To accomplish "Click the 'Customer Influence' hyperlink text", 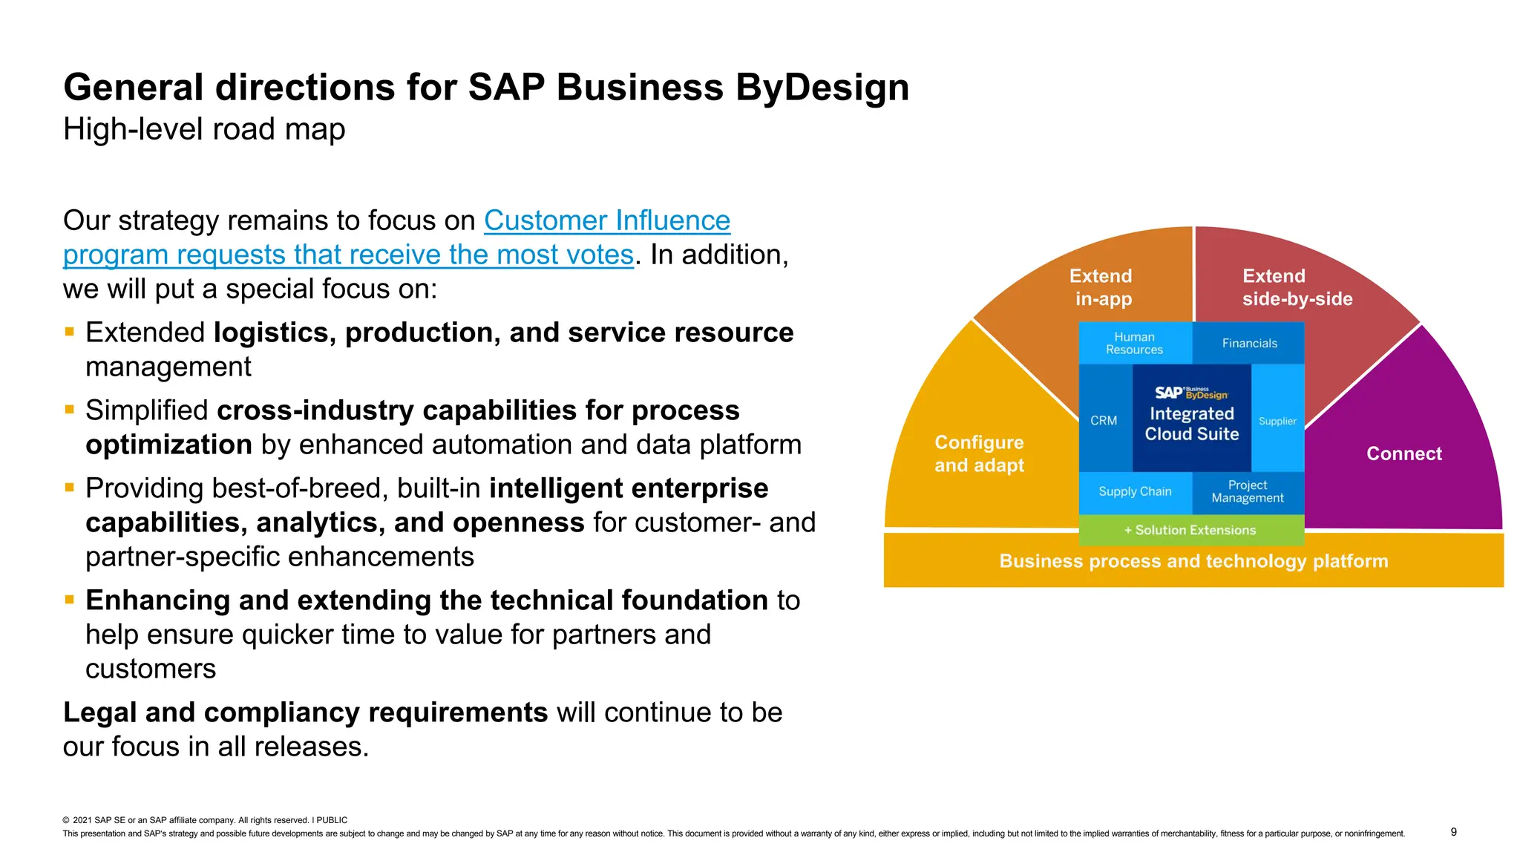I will coord(606,221).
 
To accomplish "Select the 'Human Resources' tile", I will coord(1134,344).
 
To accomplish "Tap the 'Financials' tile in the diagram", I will coord(1249,344).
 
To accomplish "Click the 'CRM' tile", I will coord(1104,421).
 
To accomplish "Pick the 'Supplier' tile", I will coord(1277,421).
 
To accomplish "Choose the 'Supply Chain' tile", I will coord(1135,492).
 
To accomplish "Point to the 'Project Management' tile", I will coord(1248,492).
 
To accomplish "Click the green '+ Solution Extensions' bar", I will coord(1190,531).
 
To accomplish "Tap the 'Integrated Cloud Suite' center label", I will coord(1192,425).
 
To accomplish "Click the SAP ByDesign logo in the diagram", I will coord(1191,393).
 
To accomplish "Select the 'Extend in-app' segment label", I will coord(1101,288).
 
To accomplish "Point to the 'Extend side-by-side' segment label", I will coord(1297,288).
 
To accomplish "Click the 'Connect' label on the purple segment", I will coord(1403,454).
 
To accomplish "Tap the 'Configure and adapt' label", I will coord(979,454).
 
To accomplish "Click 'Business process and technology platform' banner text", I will coord(1193,562).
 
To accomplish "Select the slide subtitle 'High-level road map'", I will coord(204,130).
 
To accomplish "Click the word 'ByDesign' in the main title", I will coord(822,88).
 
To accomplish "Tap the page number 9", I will coord(1453,832).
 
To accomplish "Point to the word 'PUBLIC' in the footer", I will coord(332,820).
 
